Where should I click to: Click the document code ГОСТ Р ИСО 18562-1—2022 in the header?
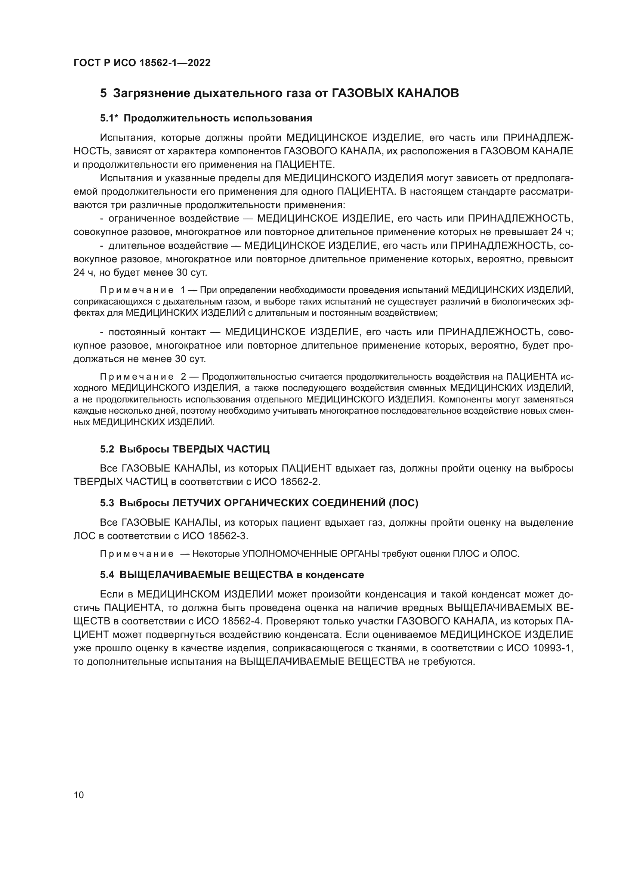142,63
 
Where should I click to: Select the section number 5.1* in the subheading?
109,118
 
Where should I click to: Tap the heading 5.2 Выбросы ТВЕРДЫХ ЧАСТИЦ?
185,449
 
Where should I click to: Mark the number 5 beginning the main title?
103,93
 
